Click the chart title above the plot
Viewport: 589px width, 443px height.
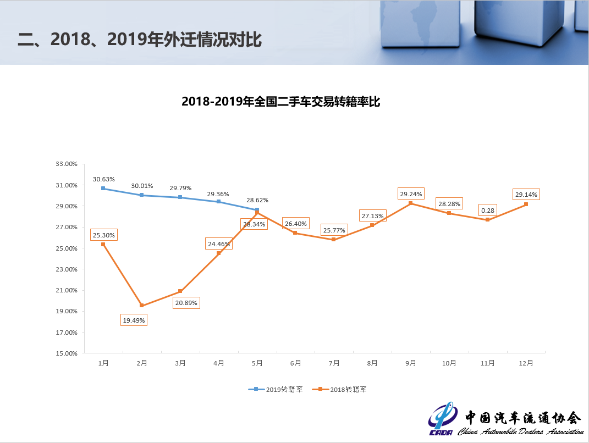[280, 102]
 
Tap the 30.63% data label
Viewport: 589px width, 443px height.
[103, 179]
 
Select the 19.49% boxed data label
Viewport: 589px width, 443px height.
[134, 320]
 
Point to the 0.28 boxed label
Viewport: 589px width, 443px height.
[487, 210]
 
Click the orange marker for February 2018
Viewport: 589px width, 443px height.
[142, 306]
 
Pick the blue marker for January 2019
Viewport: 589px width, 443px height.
[103, 189]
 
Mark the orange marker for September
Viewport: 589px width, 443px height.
[411, 203]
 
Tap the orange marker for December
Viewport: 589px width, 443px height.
[526, 204]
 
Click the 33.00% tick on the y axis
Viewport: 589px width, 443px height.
[67, 164]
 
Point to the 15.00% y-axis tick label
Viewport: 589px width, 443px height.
[67, 353]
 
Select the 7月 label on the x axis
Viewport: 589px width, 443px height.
[334, 363]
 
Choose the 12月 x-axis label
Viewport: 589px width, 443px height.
[526, 363]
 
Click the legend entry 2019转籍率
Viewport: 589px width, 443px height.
[276, 389]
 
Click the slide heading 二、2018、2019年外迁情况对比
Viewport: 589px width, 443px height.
[140, 40]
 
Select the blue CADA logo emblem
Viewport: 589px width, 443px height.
[441, 420]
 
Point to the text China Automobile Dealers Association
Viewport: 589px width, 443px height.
[520, 431]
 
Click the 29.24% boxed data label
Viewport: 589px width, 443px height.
[411, 194]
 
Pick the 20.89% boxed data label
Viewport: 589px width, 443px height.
[186, 303]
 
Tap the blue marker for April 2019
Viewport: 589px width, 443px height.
[218, 202]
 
